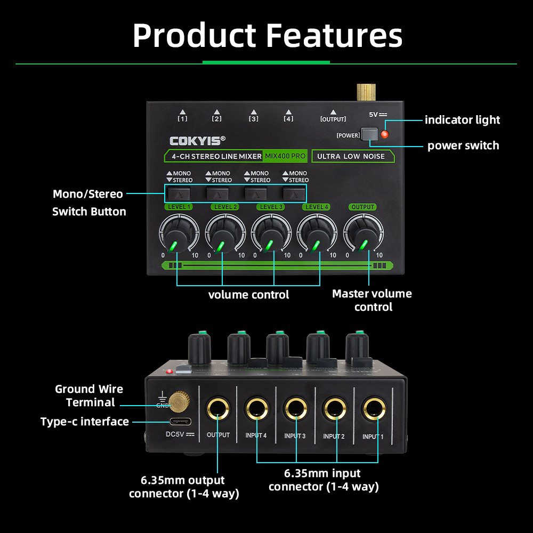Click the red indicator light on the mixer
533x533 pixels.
click(x=384, y=134)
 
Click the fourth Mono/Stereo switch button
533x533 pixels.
click(x=293, y=193)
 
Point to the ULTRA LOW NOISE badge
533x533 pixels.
click(x=351, y=156)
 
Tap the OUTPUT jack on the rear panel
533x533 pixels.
click(x=217, y=410)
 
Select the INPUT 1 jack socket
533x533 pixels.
click(x=373, y=410)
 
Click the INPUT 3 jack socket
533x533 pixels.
click(x=295, y=410)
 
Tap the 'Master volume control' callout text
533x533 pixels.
click(x=372, y=300)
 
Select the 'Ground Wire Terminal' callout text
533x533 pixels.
click(x=90, y=395)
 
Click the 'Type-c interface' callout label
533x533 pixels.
click(x=85, y=422)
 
